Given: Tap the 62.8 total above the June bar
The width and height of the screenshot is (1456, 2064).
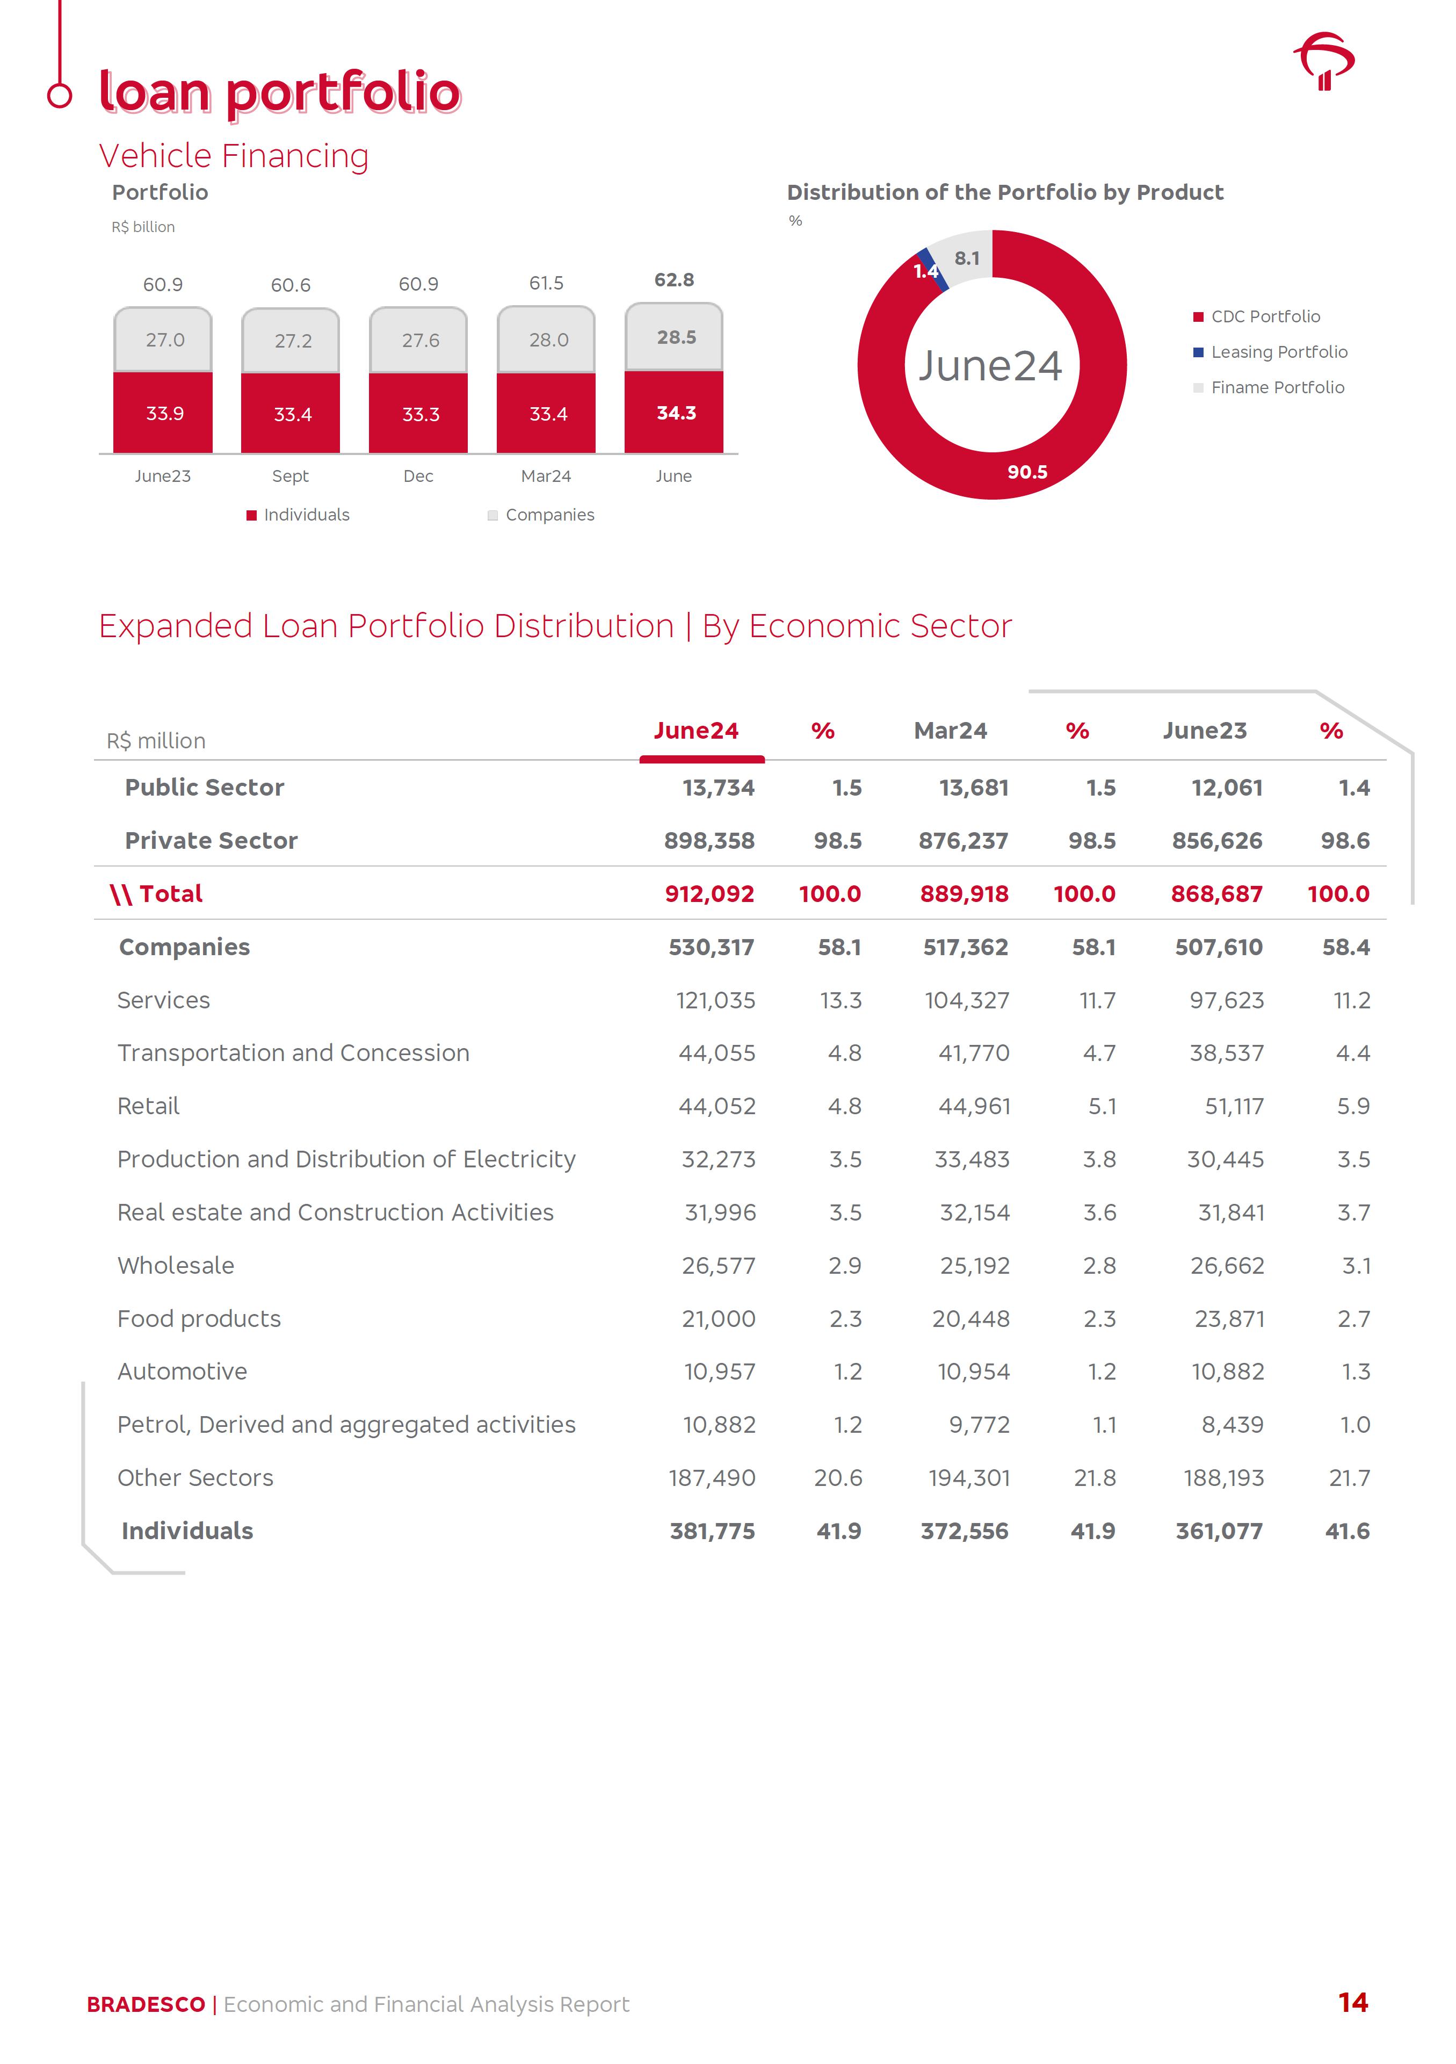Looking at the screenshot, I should click(x=674, y=279).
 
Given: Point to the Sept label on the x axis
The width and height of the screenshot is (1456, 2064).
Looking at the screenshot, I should click(x=291, y=475).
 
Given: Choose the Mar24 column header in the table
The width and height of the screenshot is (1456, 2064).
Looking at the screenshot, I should click(x=950, y=731).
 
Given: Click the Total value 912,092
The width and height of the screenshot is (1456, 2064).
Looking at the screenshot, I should click(x=709, y=893).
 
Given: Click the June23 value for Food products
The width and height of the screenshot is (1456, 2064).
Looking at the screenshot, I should click(x=1229, y=1319).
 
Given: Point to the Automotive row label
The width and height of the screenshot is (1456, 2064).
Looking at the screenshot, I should click(x=183, y=1372).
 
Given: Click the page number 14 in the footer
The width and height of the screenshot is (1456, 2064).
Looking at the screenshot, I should click(x=1353, y=2003).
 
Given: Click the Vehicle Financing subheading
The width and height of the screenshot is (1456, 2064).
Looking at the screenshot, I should click(x=234, y=155).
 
